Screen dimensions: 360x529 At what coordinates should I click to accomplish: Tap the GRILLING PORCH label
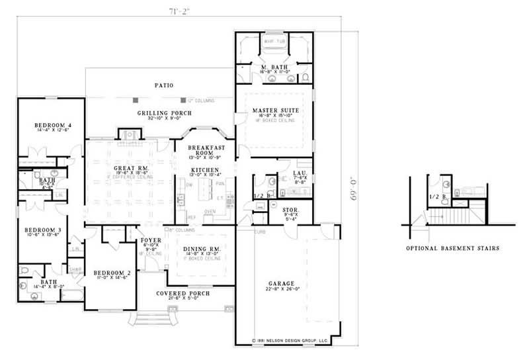(x=160, y=113)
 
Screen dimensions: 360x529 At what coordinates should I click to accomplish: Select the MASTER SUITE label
(x=276, y=109)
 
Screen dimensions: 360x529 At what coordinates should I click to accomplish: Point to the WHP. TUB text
(x=274, y=41)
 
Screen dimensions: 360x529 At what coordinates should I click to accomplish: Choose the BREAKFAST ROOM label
(x=206, y=150)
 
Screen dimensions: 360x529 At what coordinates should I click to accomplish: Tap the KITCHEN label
(x=205, y=170)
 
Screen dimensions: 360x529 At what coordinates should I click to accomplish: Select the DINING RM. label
(x=202, y=249)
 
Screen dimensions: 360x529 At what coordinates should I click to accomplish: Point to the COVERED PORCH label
(x=183, y=293)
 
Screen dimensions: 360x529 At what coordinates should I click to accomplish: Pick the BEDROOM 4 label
(x=50, y=125)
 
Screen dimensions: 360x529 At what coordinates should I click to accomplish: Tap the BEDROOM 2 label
(x=109, y=273)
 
